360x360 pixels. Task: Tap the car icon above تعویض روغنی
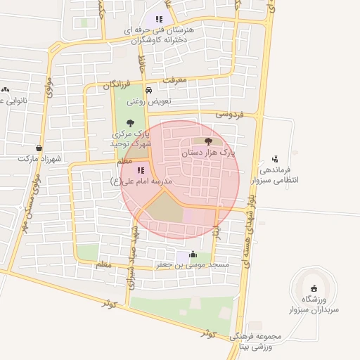click(148, 91)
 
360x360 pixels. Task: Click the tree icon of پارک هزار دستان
click(207, 141)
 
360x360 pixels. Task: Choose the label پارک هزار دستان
click(209, 151)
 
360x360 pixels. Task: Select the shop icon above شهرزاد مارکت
click(38, 148)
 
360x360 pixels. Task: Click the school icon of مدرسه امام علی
click(140, 169)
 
